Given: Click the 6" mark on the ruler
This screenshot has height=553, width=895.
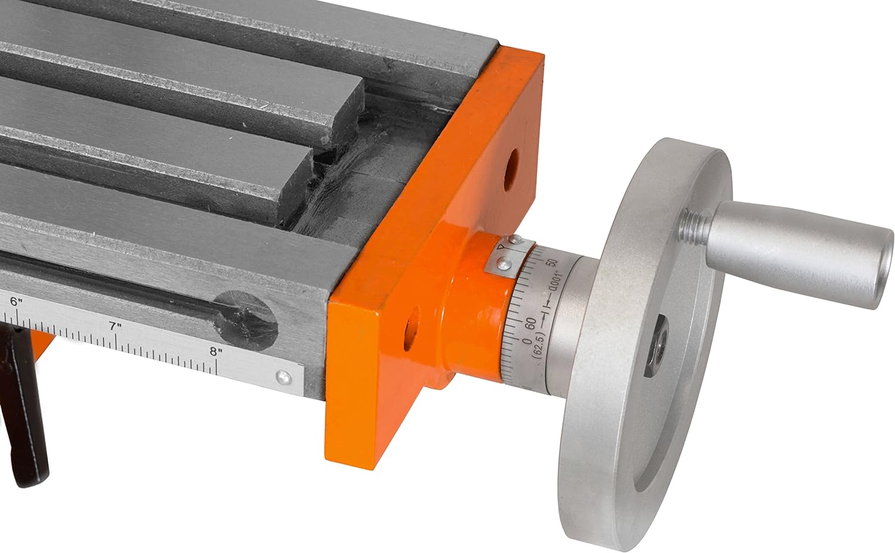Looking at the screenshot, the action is [x=16, y=301].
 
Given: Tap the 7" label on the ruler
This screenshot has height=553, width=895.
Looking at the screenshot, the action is [x=116, y=326].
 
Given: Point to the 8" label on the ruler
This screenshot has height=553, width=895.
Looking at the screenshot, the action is [x=216, y=351].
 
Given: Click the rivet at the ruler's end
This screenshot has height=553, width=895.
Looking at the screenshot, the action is [x=283, y=376].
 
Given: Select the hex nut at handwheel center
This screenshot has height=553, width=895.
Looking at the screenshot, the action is [x=655, y=345].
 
